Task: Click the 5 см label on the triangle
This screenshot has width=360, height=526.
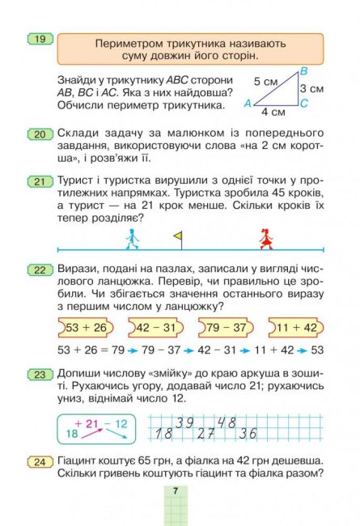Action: (x=264, y=82)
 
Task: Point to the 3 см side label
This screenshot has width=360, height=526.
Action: (x=311, y=88)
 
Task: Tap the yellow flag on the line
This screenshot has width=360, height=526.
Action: (x=178, y=236)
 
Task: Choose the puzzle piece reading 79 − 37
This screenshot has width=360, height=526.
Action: (x=226, y=327)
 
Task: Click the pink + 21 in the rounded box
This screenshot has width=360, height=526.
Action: (x=87, y=422)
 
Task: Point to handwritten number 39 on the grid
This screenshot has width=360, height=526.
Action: (x=184, y=422)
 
